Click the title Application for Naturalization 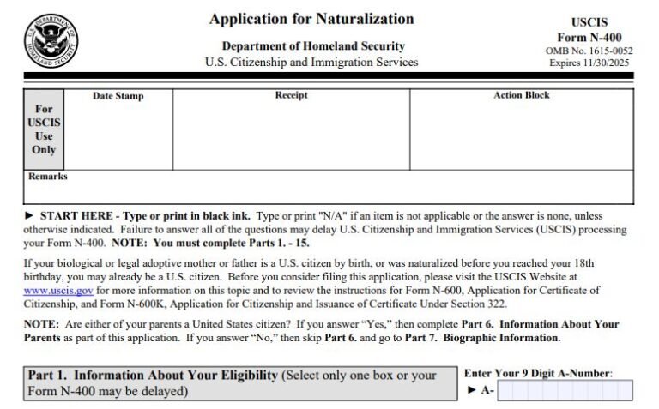(x=311, y=19)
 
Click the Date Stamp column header (x=118, y=96)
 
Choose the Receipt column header (x=291, y=95)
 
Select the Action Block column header (x=521, y=95)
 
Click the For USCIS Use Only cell (x=44, y=129)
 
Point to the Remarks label (x=48, y=177)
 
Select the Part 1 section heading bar (x=240, y=383)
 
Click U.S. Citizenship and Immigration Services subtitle (x=311, y=63)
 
